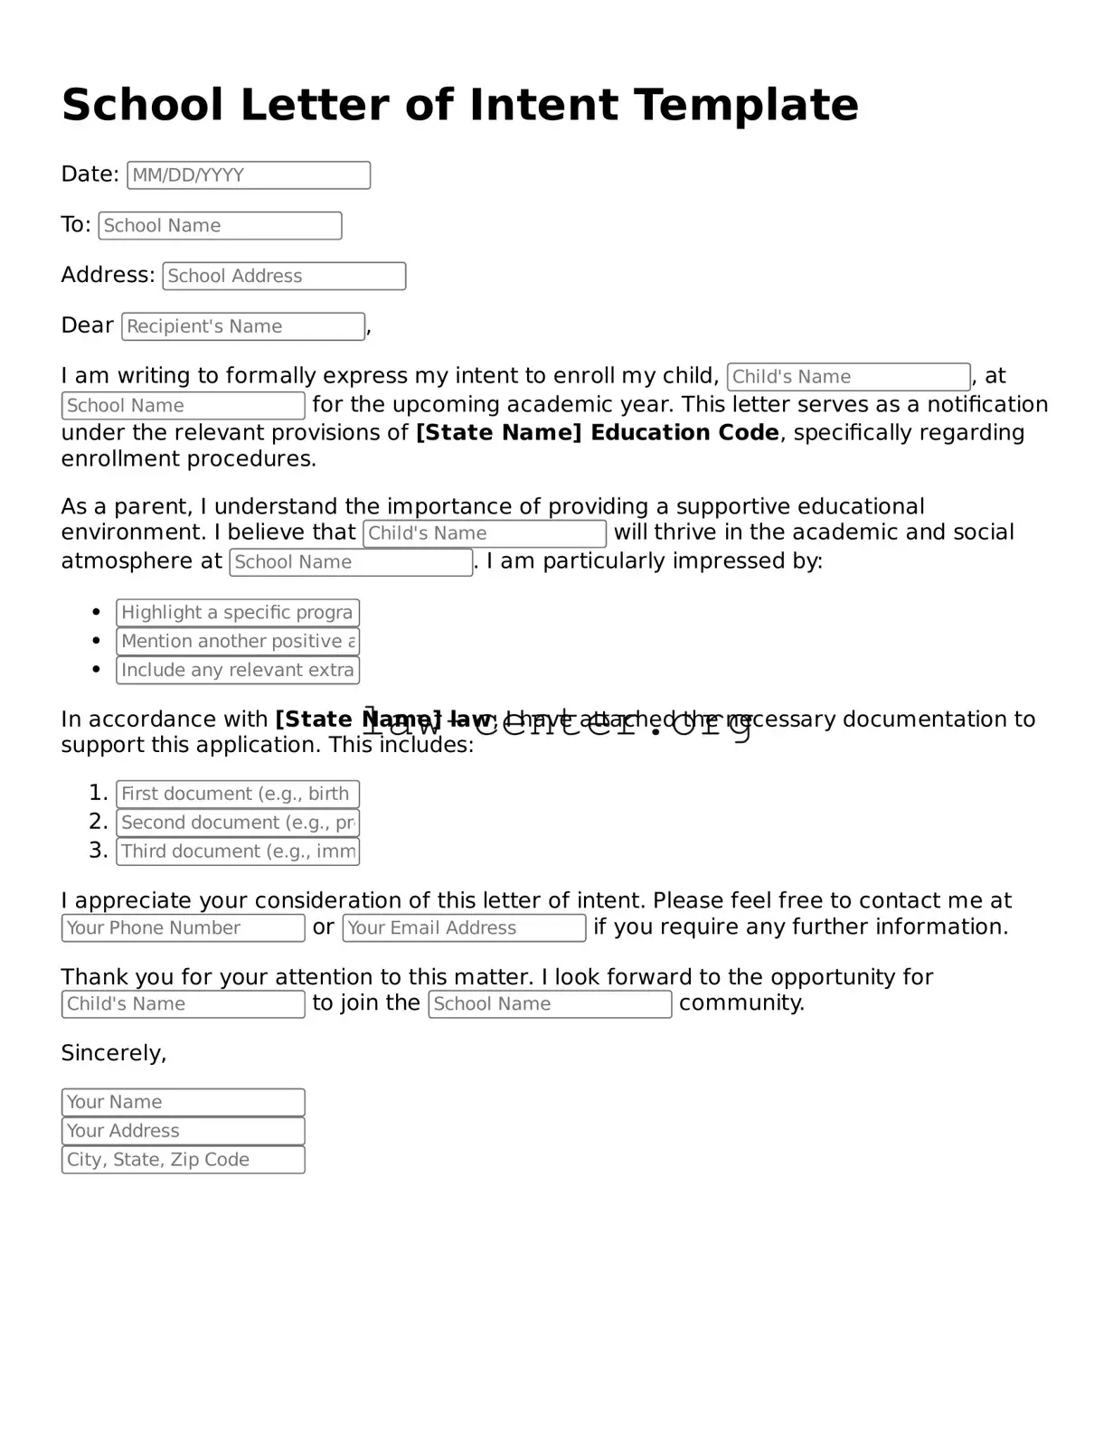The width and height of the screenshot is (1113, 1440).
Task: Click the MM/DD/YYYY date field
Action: (249, 175)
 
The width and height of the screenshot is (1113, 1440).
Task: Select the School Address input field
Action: (284, 277)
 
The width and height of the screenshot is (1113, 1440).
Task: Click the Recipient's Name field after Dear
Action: (243, 327)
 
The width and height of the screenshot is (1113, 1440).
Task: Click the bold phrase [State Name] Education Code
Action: (597, 433)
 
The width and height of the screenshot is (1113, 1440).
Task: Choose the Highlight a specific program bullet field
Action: (238, 613)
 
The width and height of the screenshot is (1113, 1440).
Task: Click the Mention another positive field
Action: (238, 642)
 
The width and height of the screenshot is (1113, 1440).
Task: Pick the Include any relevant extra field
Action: (238, 671)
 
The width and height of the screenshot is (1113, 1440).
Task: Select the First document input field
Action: (238, 795)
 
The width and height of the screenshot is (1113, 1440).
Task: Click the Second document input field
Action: (238, 824)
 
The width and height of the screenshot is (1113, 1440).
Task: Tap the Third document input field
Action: (238, 852)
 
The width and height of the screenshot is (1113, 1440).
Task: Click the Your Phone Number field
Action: (183, 928)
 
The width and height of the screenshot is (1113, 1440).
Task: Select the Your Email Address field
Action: (464, 928)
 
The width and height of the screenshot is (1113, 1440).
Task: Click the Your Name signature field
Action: (183, 1103)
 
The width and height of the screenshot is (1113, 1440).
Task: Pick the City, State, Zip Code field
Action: (183, 1161)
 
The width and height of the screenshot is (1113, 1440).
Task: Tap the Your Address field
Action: (183, 1132)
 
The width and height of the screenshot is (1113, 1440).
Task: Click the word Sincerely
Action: (113, 1054)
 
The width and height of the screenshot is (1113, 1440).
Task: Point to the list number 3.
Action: (98, 852)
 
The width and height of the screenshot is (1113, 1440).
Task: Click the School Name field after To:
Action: (220, 226)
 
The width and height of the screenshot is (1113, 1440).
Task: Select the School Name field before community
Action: (550, 1004)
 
